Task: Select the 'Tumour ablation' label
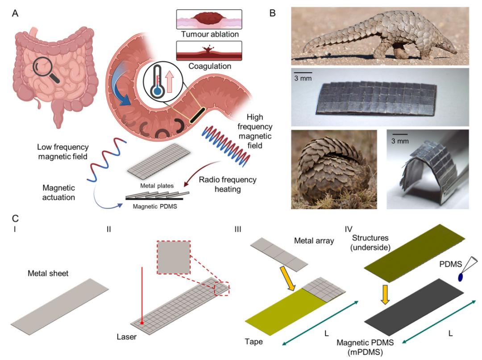[x=210, y=34]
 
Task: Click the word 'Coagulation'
[x=210, y=66]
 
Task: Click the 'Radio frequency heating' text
[x=228, y=184]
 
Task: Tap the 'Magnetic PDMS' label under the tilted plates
[x=155, y=206]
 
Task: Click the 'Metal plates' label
[x=157, y=186]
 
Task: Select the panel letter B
[x=272, y=13]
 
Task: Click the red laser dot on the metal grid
[x=142, y=323]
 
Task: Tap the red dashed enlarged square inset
[x=174, y=258]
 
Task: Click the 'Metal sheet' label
[x=48, y=273]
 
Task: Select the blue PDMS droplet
[x=461, y=277]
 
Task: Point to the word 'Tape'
[x=253, y=342]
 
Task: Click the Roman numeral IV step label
[x=348, y=229]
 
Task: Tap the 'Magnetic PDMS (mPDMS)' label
[x=365, y=347]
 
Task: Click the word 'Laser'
[x=126, y=337]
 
